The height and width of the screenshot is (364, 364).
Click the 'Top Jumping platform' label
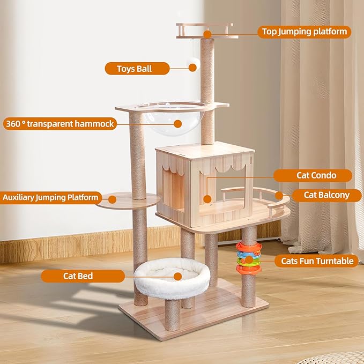[x=304, y=32]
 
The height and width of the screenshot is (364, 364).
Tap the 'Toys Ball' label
[x=135, y=69]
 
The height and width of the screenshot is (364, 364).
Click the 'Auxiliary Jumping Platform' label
[x=50, y=197]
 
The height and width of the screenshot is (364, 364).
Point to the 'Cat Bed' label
[x=78, y=276]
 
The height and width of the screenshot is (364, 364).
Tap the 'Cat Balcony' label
[x=326, y=195]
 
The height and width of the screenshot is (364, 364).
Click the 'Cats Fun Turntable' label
[x=317, y=261]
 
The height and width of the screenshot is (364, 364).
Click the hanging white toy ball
[x=192, y=65]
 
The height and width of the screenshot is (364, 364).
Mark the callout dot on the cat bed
[x=173, y=276]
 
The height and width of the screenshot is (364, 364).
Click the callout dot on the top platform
[x=206, y=34]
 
